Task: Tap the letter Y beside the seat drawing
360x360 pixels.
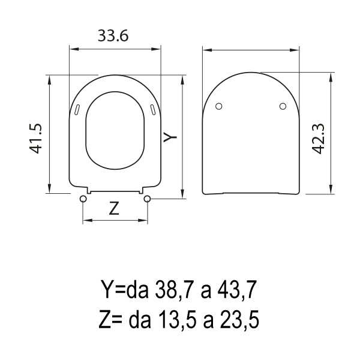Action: pos(171,137)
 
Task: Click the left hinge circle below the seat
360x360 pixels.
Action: pos(82,197)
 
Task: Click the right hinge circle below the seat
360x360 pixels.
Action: pos(147,197)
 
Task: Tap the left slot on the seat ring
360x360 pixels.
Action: pos(79,109)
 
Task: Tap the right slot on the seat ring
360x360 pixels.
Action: pos(152,109)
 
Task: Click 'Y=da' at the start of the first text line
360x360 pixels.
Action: pos(122,292)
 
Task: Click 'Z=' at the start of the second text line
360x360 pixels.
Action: pos(109,321)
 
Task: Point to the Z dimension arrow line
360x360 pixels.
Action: pos(115,221)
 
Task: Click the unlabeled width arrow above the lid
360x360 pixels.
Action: pos(250,51)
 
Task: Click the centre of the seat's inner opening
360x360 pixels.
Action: pos(115,129)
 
